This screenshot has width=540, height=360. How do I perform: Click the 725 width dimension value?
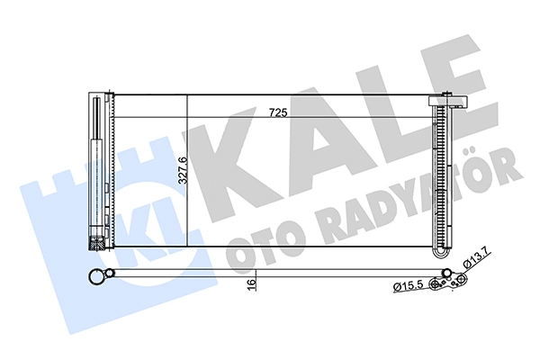click(x=278, y=112)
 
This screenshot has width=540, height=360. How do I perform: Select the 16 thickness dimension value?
click(x=252, y=284)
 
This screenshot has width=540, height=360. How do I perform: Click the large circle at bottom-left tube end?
click(x=97, y=277)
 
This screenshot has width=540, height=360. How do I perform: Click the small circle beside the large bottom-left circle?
click(x=110, y=274)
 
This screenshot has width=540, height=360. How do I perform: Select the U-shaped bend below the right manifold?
click(x=442, y=253)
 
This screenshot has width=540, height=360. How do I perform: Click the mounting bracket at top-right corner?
click(x=447, y=101)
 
